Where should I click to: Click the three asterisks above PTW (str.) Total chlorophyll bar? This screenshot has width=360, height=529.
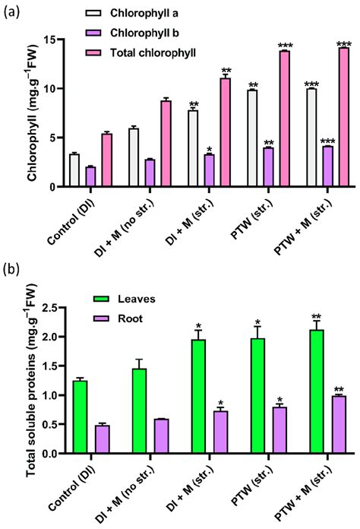(x=285, y=45)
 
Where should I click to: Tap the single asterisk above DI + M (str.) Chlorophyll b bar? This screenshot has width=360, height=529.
(x=209, y=149)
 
